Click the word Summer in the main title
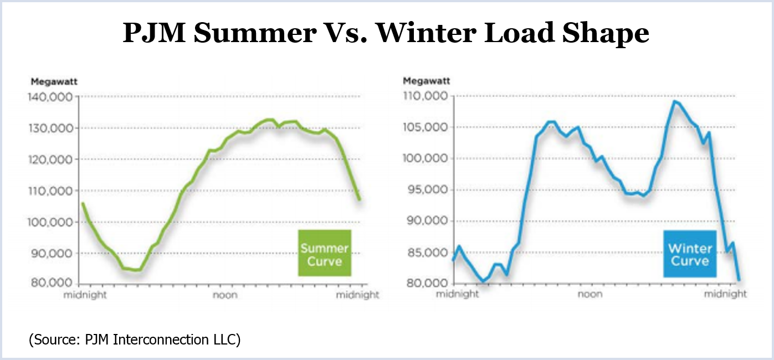[x=252, y=34]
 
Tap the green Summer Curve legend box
[x=324, y=253]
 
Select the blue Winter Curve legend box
[x=689, y=254]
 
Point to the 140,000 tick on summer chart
[x=50, y=97]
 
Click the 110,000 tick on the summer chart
[x=50, y=191]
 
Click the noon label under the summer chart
[x=225, y=295]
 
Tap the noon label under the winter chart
[x=590, y=294]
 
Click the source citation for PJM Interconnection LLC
[x=135, y=339]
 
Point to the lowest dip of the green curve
[x=136, y=270]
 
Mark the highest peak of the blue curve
[x=675, y=101]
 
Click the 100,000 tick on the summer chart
[x=50, y=222]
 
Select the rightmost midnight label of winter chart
[x=725, y=294]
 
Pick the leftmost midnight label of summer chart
[x=85, y=295]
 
